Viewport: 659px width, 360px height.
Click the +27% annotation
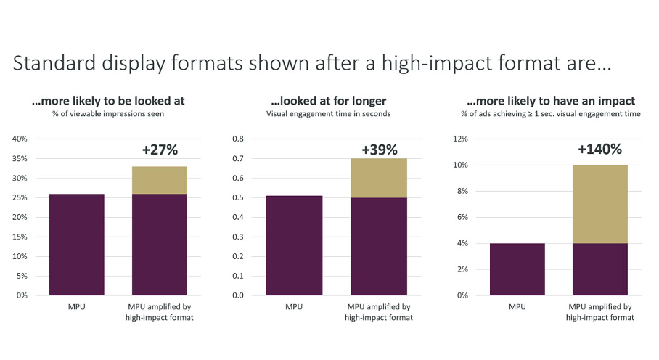[x=160, y=150]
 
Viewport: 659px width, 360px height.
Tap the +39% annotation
[x=380, y=150]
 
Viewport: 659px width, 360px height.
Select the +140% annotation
[x=599, y=150]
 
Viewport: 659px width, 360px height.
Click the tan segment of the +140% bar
[x=599, y=204]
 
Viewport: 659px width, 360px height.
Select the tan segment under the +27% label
[x=160, y=180]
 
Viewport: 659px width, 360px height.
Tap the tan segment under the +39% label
[x=380, y=178]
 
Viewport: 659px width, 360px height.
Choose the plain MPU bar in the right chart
[x=517, y=269]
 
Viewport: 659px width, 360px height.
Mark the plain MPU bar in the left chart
[x=76, y=245]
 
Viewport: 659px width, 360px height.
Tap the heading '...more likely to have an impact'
[x=551, y=101]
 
